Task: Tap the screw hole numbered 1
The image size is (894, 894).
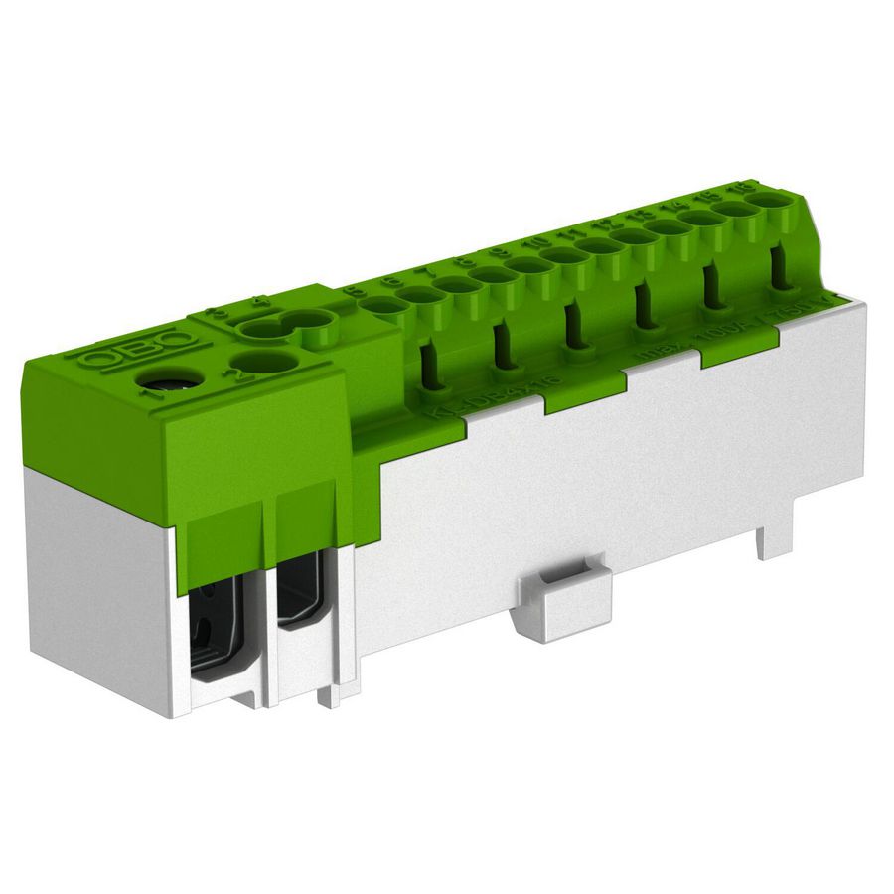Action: point(156,380)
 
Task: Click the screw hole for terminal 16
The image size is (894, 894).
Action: point(769,199)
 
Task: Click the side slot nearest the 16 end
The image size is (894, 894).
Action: point(781,266)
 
